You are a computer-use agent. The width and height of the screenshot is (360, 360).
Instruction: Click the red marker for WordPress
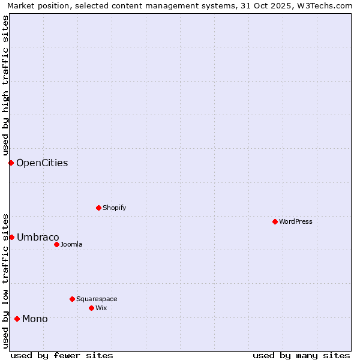[x=275, y=221]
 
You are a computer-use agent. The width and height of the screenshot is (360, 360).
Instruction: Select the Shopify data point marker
[x=98, y=208]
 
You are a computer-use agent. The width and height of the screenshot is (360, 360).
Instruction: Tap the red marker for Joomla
[x=56, y=244]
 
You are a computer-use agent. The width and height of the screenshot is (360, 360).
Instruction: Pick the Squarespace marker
[x=72, y=299]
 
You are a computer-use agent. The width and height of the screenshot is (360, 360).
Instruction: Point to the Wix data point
[x=91, y=308]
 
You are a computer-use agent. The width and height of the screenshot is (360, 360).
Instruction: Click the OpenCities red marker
[x=11, y=163]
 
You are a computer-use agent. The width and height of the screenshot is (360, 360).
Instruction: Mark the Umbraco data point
[x=11, y=237]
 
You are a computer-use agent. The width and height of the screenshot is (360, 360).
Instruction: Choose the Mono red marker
[x=17, y=319]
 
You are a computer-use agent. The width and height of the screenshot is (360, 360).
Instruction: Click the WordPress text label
[x=296, y=221]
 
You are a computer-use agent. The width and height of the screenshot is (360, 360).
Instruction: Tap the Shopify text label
[x=114, y=208]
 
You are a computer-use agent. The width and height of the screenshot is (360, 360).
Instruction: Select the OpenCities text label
[x=42, y=163]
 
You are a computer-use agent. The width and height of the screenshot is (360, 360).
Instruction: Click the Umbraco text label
[x=38, y=237]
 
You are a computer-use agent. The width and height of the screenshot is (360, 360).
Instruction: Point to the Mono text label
[x=35, y=319]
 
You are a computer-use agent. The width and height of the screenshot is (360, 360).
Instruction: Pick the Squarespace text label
[x=97, y=299]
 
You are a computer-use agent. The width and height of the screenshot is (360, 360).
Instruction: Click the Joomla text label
[x=71, y=244]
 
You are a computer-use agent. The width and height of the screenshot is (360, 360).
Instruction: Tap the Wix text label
[x=101, y=308]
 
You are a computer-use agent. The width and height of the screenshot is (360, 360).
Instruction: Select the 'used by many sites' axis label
[x=301, y=355]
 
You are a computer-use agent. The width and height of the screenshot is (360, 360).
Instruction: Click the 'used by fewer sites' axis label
[x=62, y=355]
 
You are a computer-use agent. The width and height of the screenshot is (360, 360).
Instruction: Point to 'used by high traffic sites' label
[x=5, y=85]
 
